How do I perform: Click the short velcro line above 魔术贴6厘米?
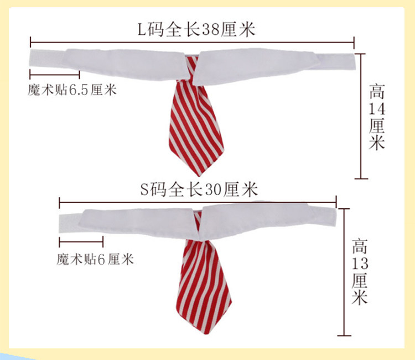pos(80,241)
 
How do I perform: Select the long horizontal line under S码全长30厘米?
pos(198,202)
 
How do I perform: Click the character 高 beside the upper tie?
pos(377,88)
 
